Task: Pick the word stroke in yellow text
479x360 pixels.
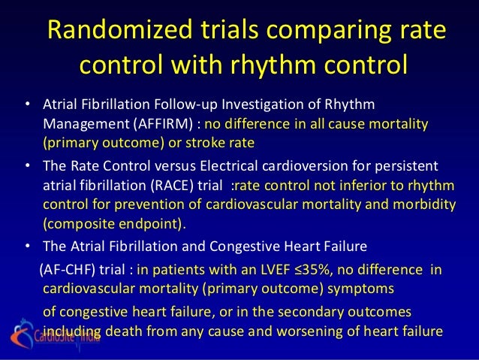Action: tap(195, 141)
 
